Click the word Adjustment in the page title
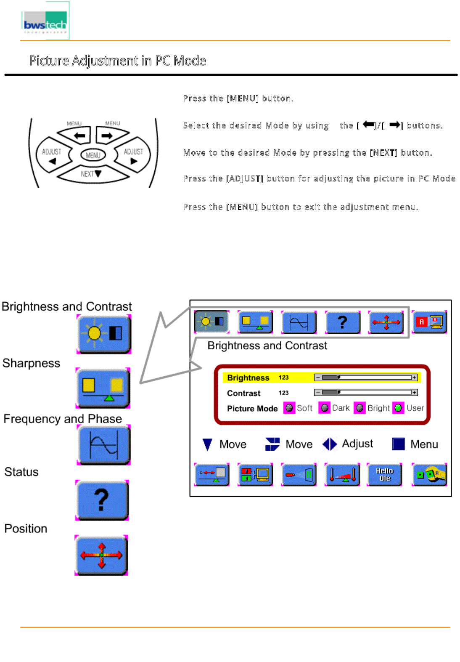pyautogui.click(x=105, y=61)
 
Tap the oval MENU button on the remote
pyautogui.click(x=93, y=155)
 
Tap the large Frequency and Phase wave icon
pyautogui.click(x=104, y=445)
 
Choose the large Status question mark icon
pyautogui.click(x=102, y=500)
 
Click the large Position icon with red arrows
pyautogui.click(x=101, y=555)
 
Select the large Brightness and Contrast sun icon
pyautogui.click(x=104, y=334)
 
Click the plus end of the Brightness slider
pyautogui.click(x=414, y=378)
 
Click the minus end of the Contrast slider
pyautogui.click(x=318, y=393)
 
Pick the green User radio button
pyautogui.click(x=398, y=408)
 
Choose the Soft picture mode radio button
pyautogui.click(x=289, y=408)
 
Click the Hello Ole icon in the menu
pyautogui.click(x=384, y=474)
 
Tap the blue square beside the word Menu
pyautogui.click(x=398, y=444)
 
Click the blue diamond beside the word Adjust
pyautogui.click(x=330, y=444)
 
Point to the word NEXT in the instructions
pyautogui.click(x=383, y=153)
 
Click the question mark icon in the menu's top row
pyautogui.click(x=343, y=322)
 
